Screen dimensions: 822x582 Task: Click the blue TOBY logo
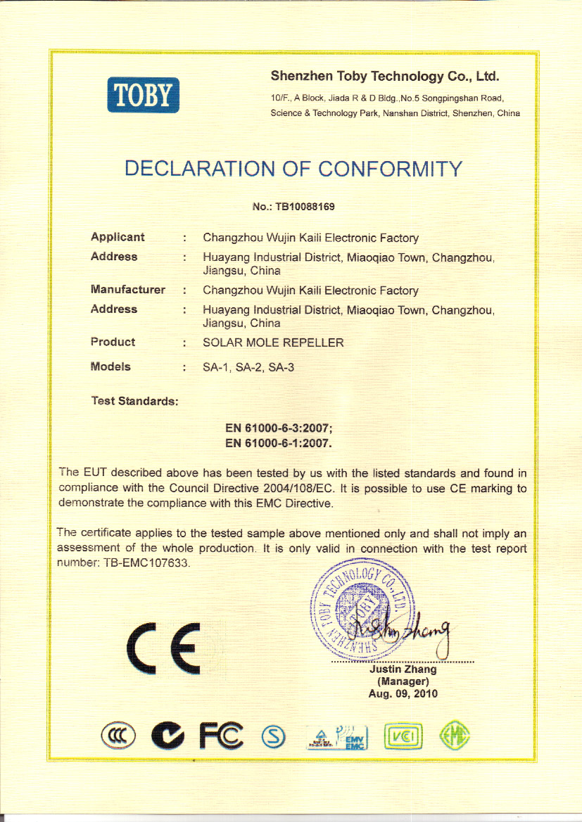coord(144,95)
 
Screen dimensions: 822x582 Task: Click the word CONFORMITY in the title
coord(391,169)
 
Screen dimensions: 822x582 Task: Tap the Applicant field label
coord(118,238)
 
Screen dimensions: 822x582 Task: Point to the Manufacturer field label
coord(127,290)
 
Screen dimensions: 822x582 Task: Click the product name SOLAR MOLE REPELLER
coord(273,343)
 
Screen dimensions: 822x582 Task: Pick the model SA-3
coord(281,368)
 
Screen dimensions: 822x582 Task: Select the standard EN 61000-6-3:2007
coord(279,428)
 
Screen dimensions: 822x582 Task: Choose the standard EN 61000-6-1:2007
coord(278,444)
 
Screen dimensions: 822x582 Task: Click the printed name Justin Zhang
coord(403,669)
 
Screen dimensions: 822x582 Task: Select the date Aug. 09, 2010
coord(403,694)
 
